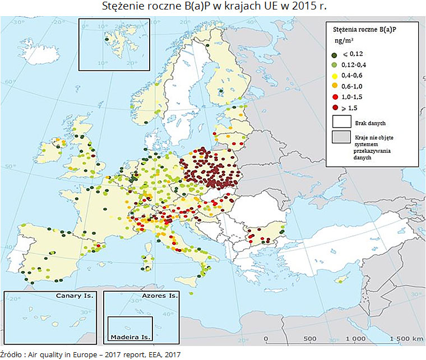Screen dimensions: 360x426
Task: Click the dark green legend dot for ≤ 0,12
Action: [335, 54]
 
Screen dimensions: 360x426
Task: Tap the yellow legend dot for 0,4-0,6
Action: [335, 75]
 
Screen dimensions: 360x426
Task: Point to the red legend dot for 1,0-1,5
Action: [335, 96]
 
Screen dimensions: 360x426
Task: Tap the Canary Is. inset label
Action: [74, 295]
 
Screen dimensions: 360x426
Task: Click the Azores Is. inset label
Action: [160, 295]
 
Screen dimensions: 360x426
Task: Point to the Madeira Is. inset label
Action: [131, 337]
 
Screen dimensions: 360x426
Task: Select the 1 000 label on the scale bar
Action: [355, 339]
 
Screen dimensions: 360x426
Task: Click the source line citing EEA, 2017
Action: [90, 354]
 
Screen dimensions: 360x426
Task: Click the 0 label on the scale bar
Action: [265, 339]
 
